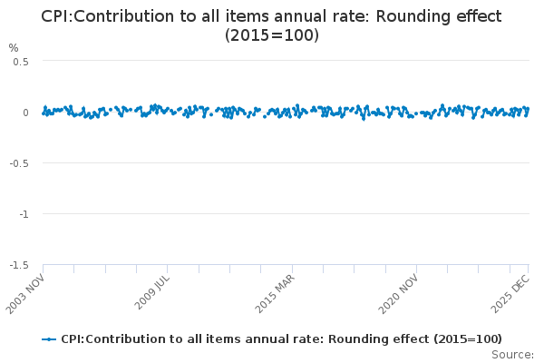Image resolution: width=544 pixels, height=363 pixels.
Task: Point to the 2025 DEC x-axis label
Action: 511,293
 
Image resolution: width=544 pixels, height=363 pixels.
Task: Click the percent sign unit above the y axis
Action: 14,47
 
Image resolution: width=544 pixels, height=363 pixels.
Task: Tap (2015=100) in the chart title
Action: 272,35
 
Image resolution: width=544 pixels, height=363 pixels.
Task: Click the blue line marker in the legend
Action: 49,338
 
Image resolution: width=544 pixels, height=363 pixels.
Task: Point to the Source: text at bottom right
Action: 513,354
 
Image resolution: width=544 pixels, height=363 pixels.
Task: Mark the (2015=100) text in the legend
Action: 467,338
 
